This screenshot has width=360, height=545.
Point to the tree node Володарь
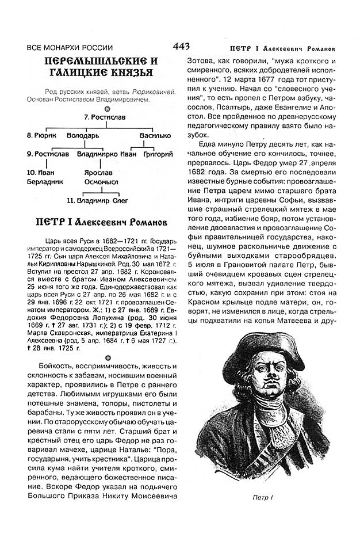pos(82,136)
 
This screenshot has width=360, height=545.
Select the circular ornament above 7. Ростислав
pos(106,108)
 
